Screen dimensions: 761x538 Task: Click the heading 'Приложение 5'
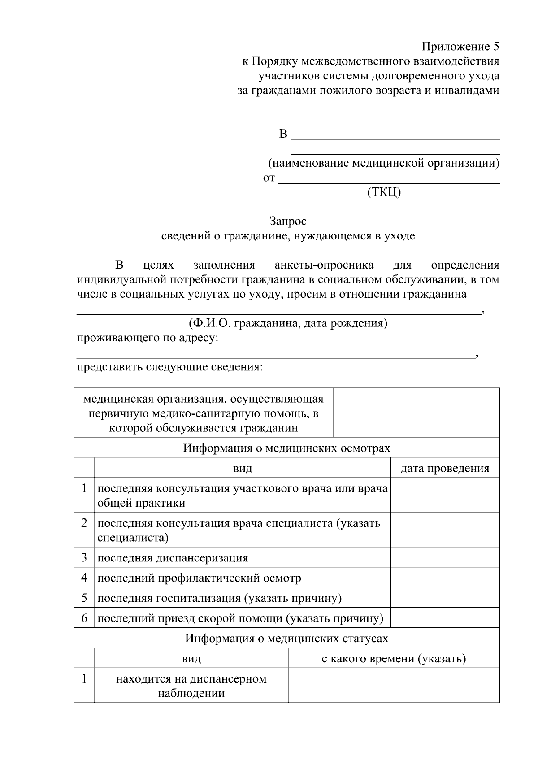click(x=460, y=47)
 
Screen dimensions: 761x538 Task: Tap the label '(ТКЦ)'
click(x=384, y=192)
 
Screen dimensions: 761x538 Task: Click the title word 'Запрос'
click(x=288, y=221)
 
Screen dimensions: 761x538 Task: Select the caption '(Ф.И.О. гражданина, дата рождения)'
click(x=288, y=323)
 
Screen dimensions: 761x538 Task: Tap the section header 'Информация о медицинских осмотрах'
click(x=286, y=448)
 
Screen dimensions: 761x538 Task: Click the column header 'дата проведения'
click(x=444, y=469)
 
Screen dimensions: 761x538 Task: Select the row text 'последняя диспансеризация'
click(x=173, y=558)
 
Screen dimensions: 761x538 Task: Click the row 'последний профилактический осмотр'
click(x=199, y=578)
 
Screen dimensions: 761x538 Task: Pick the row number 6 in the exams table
click(x=84, y=618)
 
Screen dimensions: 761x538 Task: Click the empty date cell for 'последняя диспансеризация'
click(x=444, y=557)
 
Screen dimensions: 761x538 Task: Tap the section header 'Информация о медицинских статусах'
click(x=286, y=638)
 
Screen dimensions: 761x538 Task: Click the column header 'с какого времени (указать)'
click(x=394, y=659)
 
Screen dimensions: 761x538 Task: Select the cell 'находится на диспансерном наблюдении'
click(x=191, y=686)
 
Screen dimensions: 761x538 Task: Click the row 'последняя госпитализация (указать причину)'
click(x=219, y=598)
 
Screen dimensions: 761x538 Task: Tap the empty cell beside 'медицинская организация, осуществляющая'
click(x=416, y=413)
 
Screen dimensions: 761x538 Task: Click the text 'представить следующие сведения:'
click(x=169, y=367)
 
